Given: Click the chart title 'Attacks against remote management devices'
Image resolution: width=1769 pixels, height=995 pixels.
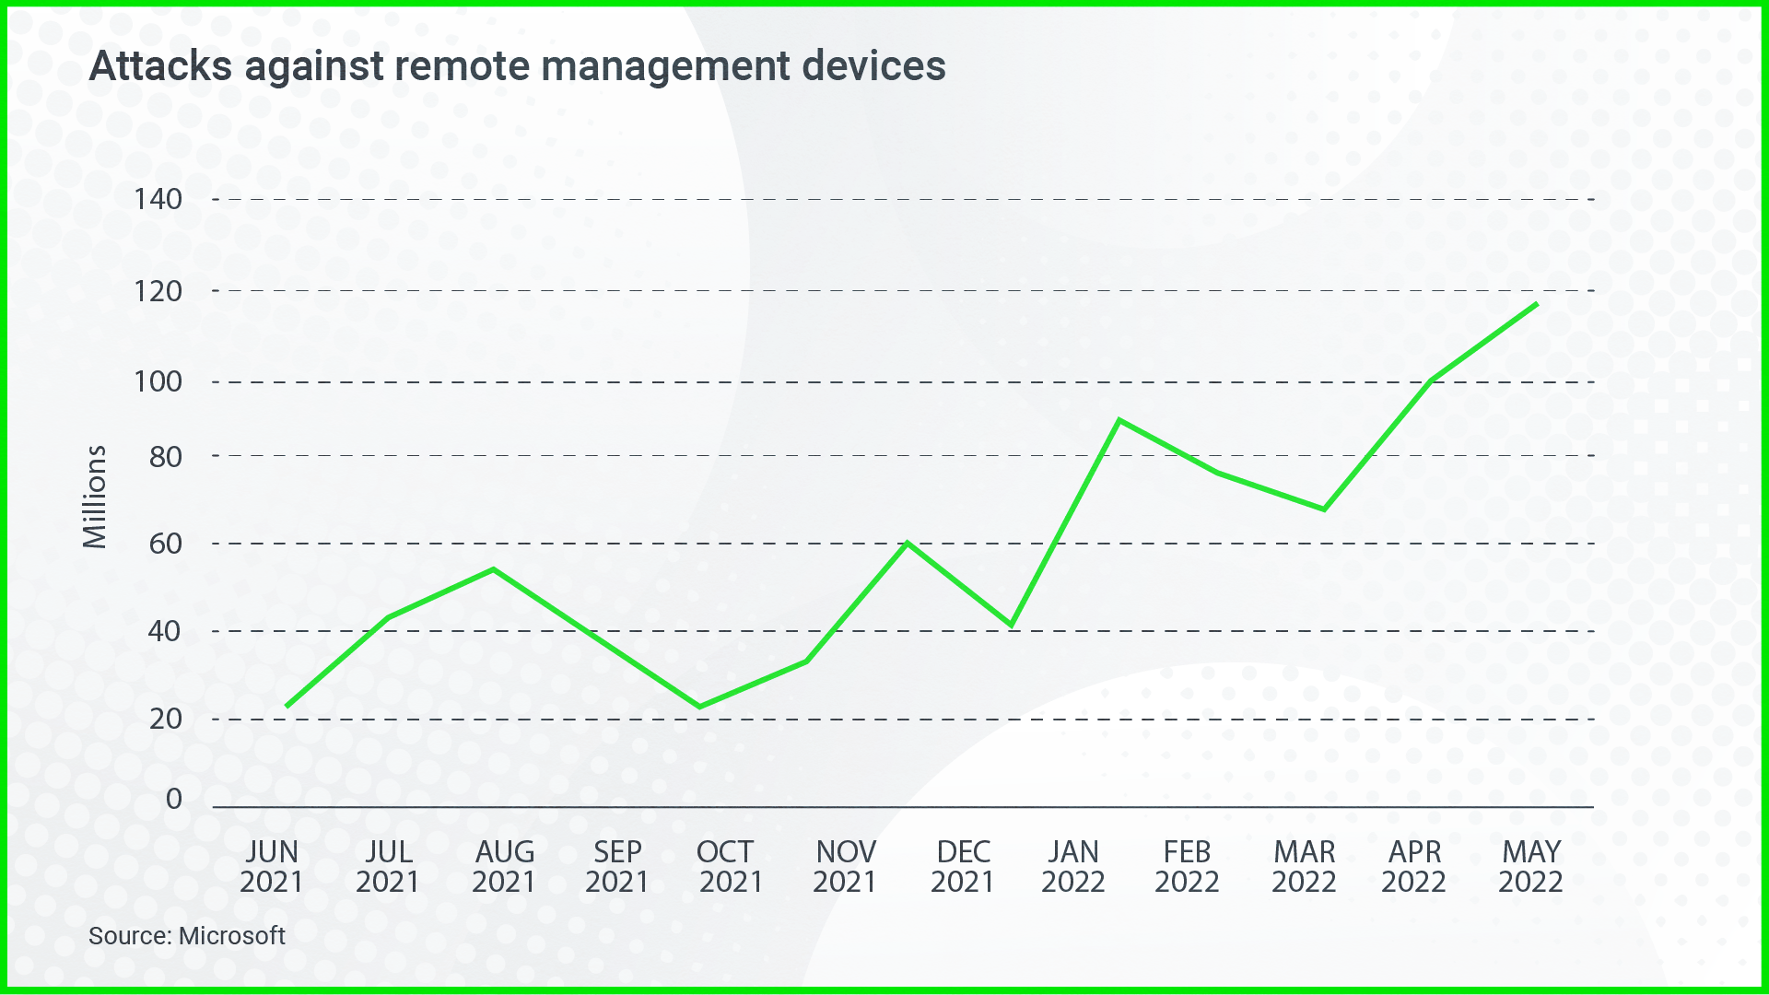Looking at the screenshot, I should tap(517, 66).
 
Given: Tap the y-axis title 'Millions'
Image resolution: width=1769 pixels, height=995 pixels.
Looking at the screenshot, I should tap(95, 497).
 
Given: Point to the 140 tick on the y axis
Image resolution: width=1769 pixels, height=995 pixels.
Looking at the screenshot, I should tap(158, 199).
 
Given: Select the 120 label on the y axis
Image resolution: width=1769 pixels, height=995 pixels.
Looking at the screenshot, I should tap(158, 291).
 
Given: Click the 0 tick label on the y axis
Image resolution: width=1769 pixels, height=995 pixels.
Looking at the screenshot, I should tap(173, 799).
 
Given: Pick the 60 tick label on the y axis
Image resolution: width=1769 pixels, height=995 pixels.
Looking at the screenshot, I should tap(166, 544).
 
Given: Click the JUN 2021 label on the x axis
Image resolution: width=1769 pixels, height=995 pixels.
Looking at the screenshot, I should tap(271, 866).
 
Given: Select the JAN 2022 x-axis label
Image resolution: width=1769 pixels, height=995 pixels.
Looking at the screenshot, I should tap(1072, 866).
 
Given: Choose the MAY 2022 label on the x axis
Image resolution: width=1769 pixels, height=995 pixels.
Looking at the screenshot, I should tap(1530, 866).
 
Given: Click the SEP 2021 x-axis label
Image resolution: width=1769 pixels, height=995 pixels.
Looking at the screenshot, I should tap(616, 866).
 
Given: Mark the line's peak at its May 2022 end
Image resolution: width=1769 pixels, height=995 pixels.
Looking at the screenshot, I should tap(1536, 304).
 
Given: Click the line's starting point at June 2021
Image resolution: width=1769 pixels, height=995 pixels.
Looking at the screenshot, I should tap(287, 706).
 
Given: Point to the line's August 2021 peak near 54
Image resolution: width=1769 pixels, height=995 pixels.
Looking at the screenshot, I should tap(494, 569).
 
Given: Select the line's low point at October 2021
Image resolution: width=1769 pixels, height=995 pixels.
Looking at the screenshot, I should tap(700, 707).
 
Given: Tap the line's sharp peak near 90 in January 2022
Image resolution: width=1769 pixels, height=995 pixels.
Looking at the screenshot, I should tap(1119, 420).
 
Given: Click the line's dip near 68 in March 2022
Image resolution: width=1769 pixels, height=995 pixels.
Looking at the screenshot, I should tap(1324, 509).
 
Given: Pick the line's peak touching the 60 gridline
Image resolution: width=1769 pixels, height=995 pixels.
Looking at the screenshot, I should tap(908, 543).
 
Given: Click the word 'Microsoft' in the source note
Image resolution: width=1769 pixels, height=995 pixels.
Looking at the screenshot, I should tap(232, 936).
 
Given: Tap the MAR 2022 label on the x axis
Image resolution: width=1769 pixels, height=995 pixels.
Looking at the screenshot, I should tap(1304, 866).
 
